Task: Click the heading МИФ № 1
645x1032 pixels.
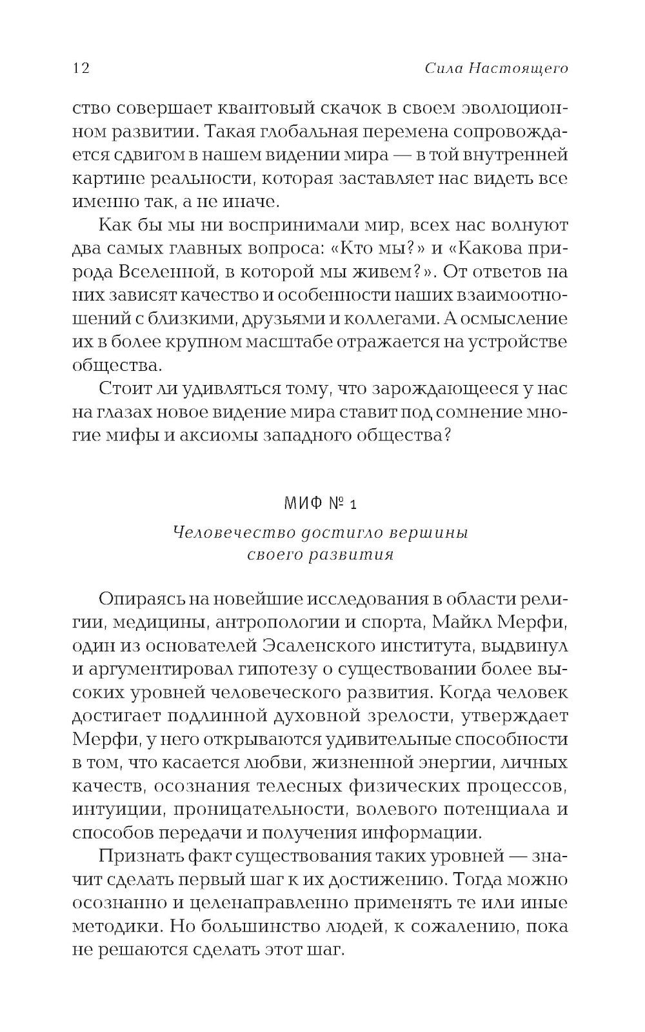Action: [321, 504]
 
